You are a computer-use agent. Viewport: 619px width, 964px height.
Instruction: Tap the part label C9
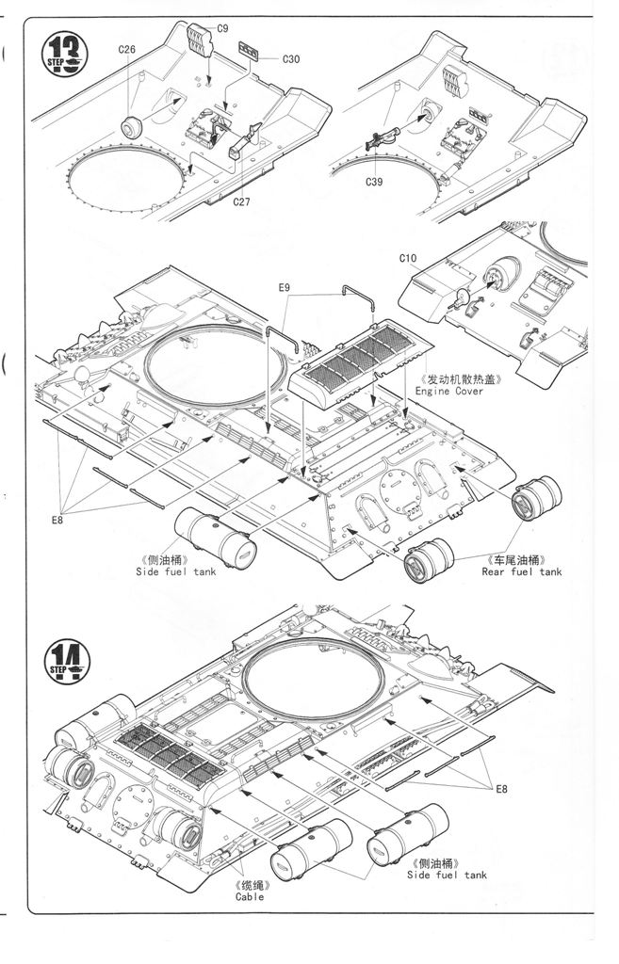pos(222,28)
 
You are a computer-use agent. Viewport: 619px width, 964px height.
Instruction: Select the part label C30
pos(290,59)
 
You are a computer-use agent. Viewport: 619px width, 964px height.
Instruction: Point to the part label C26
pos(127,49)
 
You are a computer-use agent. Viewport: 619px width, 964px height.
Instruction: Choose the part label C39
pos(377,183)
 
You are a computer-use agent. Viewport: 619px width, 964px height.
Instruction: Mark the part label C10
pos(407,258)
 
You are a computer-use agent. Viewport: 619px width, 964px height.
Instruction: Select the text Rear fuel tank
pos(521,571)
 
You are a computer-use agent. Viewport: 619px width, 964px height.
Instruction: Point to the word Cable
pos(250,896)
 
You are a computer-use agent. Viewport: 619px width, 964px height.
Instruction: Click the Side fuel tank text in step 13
pos(175,571)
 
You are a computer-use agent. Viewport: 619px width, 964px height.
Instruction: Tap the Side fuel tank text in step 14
pos(447,875)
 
